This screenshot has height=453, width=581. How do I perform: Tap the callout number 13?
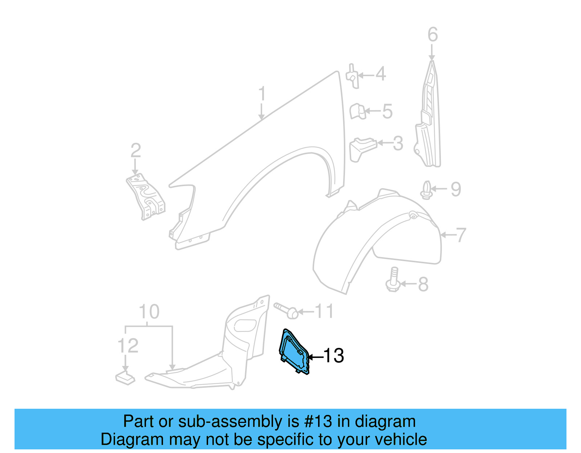point(334,356)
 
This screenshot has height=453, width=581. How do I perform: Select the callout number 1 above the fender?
point(262,94)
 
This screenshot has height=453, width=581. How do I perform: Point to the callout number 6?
point(432,35)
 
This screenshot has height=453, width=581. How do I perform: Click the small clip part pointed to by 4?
point(353,76)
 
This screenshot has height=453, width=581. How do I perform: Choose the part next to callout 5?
point(357,111)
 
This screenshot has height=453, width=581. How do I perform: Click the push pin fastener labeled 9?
point(427,190)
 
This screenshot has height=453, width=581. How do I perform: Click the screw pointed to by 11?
point(287,310)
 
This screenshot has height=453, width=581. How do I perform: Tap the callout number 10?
point(149,312)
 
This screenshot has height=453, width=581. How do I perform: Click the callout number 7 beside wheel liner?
point(460,235)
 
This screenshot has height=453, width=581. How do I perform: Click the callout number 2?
point(135,151)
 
